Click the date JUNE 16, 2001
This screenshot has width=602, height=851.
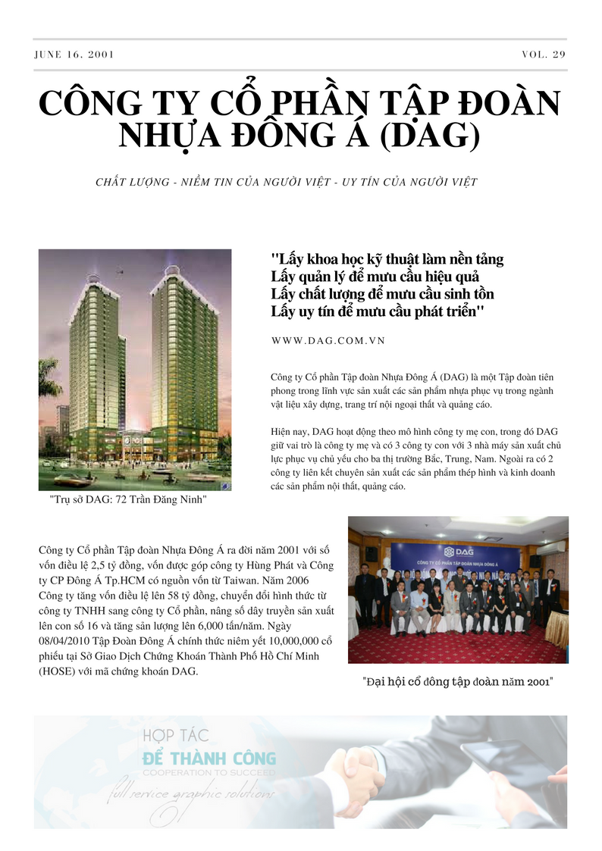pyautogui.click(x=75, y=55)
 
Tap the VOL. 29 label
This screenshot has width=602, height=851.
pyautogui.click(x=544, y=55)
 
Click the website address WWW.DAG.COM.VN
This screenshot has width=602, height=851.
pyautogui.click(x=328, y=341)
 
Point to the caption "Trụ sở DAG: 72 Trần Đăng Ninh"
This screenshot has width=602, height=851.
pyautogui.click(x=127, y=501)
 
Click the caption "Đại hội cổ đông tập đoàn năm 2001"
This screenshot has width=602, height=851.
pyautogui.click(x=458, y=682)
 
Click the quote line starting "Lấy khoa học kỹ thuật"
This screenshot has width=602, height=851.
pyautogui.click(x=387, y=258)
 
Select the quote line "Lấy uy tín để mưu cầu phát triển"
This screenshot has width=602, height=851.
pyautogui.click(x=377, y=311)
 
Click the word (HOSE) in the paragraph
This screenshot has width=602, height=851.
pyautogui.click(x=58, y=670)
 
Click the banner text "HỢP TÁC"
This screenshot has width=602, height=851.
pyautogui.click(x=175, y=735)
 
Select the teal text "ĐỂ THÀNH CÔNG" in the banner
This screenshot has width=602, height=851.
pyautogui.click(x=209, y=759)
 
